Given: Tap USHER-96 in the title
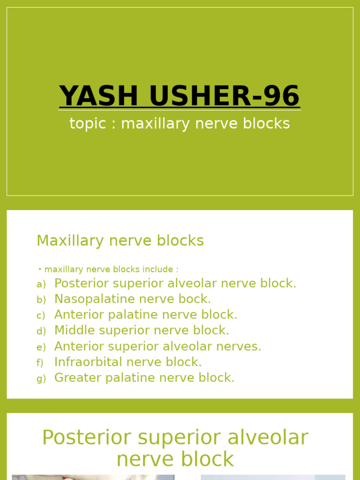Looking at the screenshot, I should tap(225, 96).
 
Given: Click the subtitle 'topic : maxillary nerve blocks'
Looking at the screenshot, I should tap(180, 124).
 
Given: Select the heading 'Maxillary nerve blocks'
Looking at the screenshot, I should tap(120, 240).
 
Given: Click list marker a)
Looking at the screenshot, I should tap(41, 285).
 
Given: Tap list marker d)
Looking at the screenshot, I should tap(41, 331).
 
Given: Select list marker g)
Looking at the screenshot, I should tap(41, 379).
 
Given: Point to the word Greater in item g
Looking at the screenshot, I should tap(75, 378).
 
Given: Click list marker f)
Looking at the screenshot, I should tap(40, 363).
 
